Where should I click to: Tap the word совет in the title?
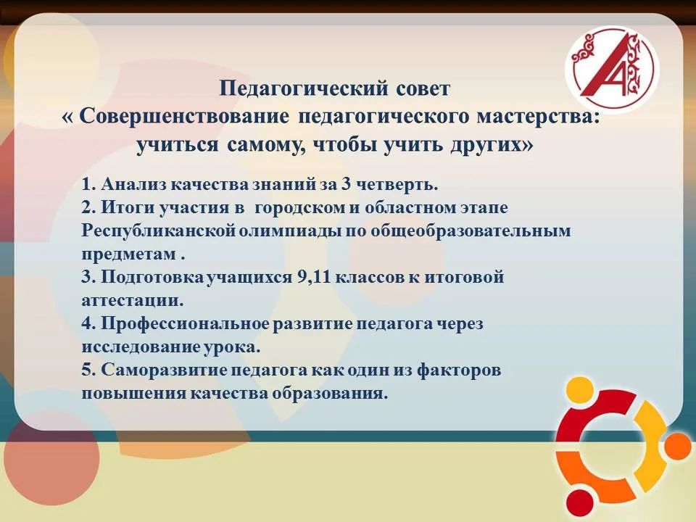coord(422,88)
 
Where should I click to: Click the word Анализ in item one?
coord(134,184)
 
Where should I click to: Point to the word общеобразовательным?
coord(470,231)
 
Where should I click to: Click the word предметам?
coord(129,254)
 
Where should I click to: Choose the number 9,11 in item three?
coord(314,277)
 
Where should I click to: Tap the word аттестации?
coord(132,300)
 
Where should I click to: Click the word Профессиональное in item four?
coord(186,323)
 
